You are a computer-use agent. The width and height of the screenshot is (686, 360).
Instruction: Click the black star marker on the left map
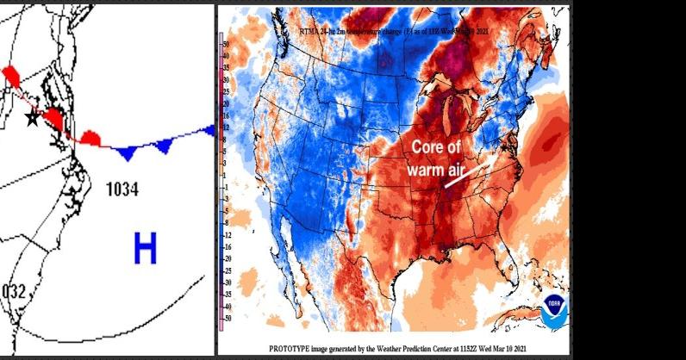point(33,116)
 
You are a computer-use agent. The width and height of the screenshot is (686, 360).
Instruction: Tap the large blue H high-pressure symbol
point(146,249)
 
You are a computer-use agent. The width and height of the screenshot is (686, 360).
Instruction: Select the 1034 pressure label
point(124,188)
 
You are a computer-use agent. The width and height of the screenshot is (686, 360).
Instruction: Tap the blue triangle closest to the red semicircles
point(127,153)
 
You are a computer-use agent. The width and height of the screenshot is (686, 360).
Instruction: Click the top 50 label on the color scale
point(226,42)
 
